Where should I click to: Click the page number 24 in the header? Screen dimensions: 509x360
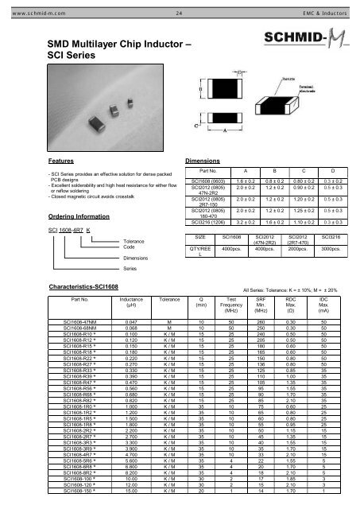(x=180, y=6)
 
